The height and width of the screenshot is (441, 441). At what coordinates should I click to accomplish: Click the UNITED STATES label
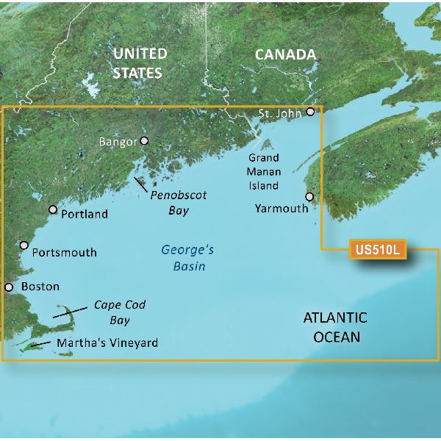(139, 63)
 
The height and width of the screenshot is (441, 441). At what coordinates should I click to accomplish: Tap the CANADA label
(285, 54)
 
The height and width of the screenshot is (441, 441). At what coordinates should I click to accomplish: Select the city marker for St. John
(311, 112)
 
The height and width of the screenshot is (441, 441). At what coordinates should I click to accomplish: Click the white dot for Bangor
(144, 140)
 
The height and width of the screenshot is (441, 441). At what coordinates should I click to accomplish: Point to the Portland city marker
(53, 209)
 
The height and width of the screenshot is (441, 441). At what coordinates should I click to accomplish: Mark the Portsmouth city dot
(24, 245)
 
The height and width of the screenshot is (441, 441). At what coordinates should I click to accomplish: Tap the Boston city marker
(10, 287)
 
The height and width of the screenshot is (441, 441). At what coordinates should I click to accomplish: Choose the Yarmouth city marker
(309, 196)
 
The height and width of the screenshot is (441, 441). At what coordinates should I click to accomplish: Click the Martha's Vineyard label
(105, 343)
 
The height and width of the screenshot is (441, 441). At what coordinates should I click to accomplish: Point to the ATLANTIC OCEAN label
(335, 327)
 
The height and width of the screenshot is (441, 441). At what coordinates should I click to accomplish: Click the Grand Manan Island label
(263, 172)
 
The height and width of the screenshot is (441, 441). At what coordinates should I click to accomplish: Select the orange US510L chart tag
(376, 250)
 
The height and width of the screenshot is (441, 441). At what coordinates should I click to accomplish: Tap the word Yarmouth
(282, 209)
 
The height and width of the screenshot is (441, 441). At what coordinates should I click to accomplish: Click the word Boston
(40, 287)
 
